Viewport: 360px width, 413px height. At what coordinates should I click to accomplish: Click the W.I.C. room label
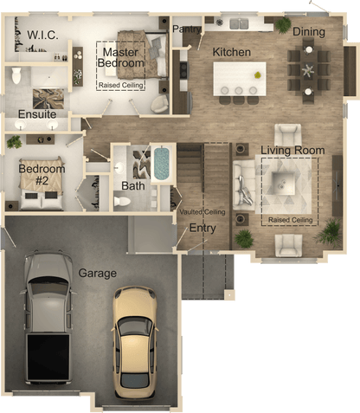[42, 35]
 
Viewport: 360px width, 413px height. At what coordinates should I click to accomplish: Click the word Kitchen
[231, 52]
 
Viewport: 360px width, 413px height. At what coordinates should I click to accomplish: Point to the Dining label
[308, 33]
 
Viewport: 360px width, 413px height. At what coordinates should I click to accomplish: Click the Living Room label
[292, 151]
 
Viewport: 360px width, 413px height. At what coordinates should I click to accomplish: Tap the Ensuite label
[36, 114]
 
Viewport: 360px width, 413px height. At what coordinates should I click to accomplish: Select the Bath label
[132, 185]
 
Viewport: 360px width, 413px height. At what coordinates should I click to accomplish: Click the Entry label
[202, 228]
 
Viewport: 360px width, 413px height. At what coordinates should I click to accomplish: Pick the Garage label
[97, 274]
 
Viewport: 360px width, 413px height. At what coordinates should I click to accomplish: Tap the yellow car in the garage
[135, 338]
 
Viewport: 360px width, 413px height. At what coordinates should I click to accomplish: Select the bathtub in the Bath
[162, 164]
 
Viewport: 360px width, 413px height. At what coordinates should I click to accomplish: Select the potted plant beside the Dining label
[283, 23]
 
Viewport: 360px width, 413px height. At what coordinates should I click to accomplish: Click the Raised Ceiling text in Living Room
[291, 220]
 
